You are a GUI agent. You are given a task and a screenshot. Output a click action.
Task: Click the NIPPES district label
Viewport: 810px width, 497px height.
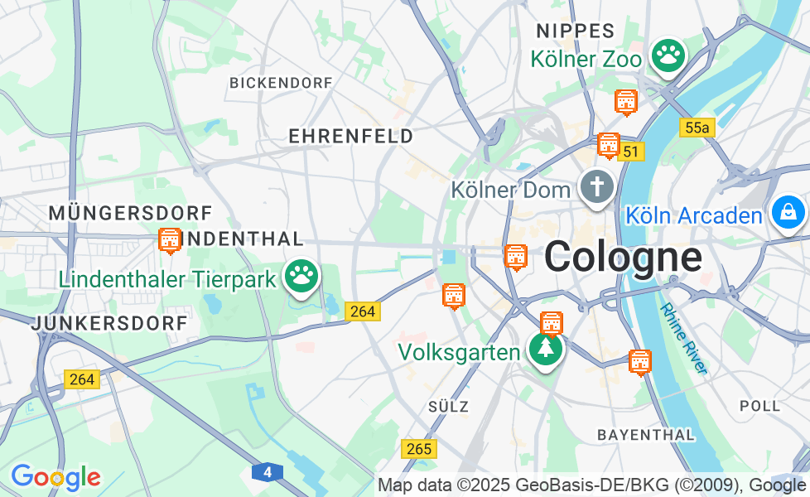[575, 31]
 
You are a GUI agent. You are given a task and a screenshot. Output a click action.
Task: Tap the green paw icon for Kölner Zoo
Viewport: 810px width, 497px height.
[668, 55]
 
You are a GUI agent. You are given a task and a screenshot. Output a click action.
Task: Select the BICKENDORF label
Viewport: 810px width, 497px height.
[281, 83]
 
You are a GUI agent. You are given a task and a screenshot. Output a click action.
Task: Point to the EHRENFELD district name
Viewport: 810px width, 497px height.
[350, 137]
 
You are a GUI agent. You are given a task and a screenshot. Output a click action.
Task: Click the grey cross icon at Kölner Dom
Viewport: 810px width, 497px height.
[596, 187]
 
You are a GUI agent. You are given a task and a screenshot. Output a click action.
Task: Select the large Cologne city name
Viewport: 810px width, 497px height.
[624, 257]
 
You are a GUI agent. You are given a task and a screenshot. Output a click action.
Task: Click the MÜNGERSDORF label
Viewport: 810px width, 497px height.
[130, 213]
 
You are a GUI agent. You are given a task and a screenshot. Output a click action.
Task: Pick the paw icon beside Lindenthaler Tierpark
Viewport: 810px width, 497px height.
[301, 276]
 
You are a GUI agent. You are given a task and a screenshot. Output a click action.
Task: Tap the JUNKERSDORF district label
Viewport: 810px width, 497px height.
[109, 324]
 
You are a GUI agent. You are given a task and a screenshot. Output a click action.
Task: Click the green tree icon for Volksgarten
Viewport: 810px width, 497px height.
[546, 349]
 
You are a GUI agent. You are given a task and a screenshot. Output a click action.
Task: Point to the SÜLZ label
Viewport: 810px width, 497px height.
[449, 407]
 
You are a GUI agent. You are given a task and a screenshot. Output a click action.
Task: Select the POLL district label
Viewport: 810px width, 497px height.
[759, 406]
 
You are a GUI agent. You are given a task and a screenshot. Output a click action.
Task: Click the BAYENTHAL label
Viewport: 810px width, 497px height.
[645, 434]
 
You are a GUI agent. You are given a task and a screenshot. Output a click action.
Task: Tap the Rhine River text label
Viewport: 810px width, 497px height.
[684, 338]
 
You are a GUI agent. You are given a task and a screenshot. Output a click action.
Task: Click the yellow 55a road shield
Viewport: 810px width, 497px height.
[697, 128]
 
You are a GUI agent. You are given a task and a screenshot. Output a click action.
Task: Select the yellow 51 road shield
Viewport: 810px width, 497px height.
[632, 152]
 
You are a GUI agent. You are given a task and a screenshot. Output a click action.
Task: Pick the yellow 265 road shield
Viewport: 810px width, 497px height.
[419, 448]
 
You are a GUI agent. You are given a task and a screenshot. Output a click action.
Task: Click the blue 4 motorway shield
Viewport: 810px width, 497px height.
[268, 472]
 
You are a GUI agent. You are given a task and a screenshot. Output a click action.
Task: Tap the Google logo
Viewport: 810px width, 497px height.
[55, 477]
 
